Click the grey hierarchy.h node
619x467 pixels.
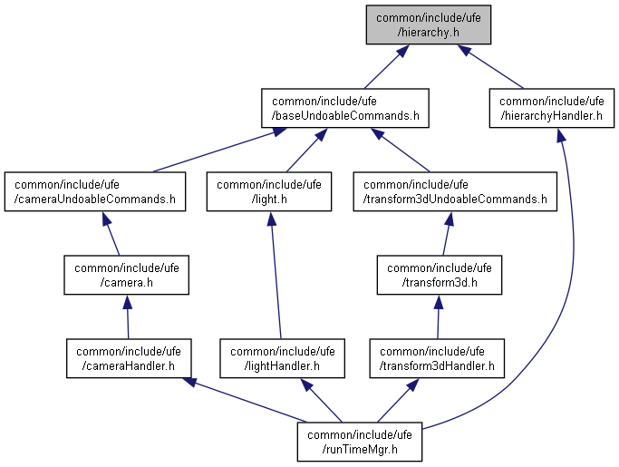(429, 24)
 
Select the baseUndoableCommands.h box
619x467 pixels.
(344, 107)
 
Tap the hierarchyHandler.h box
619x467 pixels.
(550, 107)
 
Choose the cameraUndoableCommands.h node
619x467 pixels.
(94, 190)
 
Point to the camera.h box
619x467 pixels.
(126, 274)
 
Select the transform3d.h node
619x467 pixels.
(440, 274)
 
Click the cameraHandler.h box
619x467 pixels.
(128, 357)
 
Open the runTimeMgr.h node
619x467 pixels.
(360, 441)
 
